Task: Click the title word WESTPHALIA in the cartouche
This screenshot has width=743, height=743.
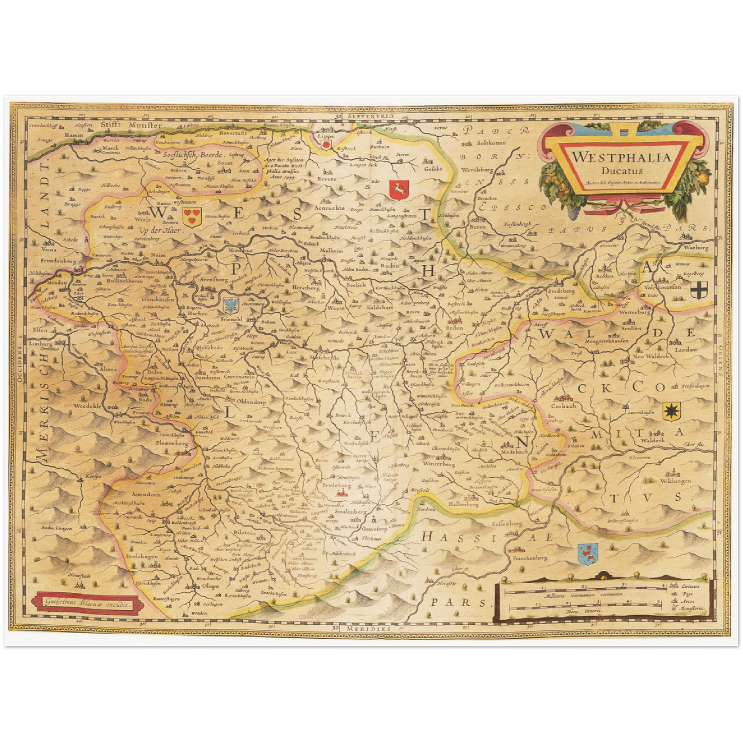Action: pos(622,157)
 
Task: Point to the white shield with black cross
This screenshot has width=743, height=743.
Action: pos(699,291)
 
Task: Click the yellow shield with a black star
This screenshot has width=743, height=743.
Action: pos(670,411)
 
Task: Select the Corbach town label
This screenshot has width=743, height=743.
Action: pos(563,406)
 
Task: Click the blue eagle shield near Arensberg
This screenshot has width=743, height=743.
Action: pos(231,305)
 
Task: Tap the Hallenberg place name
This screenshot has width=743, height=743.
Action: pos(463,504)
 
